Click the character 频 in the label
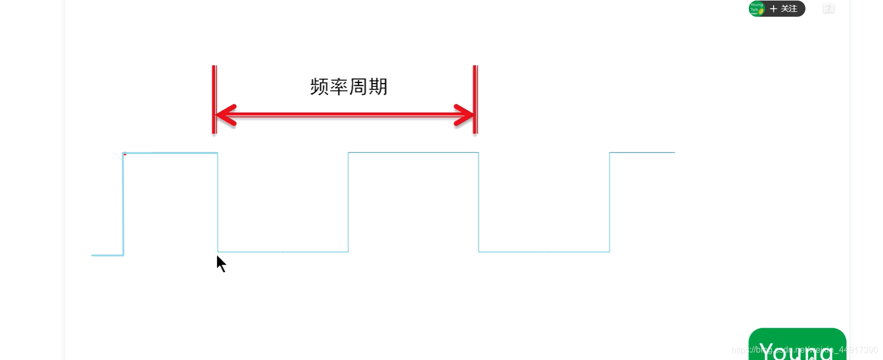click(319, 87)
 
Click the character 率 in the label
click(339, 87)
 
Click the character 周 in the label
click(358, 87)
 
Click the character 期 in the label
click(378, 87)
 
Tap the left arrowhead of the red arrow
click(226, 115)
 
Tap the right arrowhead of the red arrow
click(464, 115)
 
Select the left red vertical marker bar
click(214, 99)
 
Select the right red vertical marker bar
click(475, 99)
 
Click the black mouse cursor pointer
click(221, 264)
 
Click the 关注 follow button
click(784, 9)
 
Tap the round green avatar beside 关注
click(757, 9)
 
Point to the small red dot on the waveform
click(125, 154)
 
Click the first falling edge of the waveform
click(218, 202)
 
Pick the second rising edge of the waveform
click(349, 202)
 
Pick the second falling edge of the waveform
click(479, 202)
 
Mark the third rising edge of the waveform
click(610, 202)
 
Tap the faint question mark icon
click(829, 9)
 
